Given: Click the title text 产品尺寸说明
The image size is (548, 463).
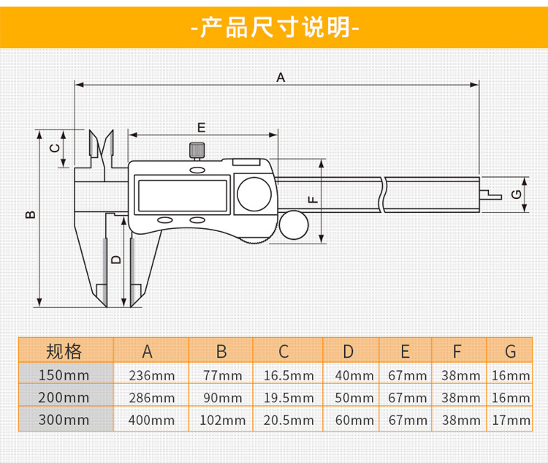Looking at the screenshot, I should click(274, 27).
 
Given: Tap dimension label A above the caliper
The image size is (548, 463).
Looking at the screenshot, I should click(280, 77).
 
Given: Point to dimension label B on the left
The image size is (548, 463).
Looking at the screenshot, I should click(30, 214).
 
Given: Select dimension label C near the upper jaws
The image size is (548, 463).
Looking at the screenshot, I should click(53, 148).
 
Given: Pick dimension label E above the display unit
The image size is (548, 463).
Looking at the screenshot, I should click(202, 127).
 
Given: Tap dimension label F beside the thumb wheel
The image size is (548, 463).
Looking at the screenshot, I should click(312, 197).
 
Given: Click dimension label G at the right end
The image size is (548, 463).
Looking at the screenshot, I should click(516, 195).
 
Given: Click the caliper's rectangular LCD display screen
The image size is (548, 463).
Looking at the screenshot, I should click(182, 195).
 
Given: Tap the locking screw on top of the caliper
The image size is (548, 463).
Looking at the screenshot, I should click(197, 151).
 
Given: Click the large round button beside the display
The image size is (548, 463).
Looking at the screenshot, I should click(255, 195).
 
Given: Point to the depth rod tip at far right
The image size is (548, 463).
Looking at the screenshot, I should click(491, 195).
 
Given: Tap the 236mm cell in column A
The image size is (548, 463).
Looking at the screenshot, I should click(151, 376).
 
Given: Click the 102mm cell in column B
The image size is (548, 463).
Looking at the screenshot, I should click(221, 420).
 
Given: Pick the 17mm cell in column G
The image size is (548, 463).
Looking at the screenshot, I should click(510, 420).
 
